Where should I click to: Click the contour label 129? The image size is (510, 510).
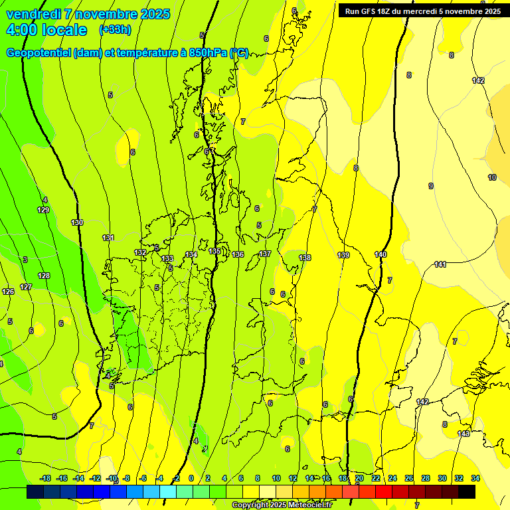point(43,210)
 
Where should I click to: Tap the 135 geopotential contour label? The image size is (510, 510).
point(214,251)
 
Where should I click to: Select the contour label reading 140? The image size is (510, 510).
point(381,254)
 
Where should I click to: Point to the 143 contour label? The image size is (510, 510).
point(464,434)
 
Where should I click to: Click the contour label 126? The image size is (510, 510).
point(8,292)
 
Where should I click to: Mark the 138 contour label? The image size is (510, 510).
point(305,258)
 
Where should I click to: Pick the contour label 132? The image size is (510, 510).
point(140,252)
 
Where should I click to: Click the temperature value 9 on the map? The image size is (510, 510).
point(431,186)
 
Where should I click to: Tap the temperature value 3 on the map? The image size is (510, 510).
point(25,260)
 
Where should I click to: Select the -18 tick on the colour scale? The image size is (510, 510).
point(46,478)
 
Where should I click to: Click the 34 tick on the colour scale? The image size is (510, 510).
point(475,478)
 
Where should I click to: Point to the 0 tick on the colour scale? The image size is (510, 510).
point(191,478)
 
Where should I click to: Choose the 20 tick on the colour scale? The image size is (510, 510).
point(359,478)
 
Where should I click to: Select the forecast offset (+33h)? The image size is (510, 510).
point(115,30)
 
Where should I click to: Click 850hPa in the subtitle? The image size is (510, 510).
point(209,53)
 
